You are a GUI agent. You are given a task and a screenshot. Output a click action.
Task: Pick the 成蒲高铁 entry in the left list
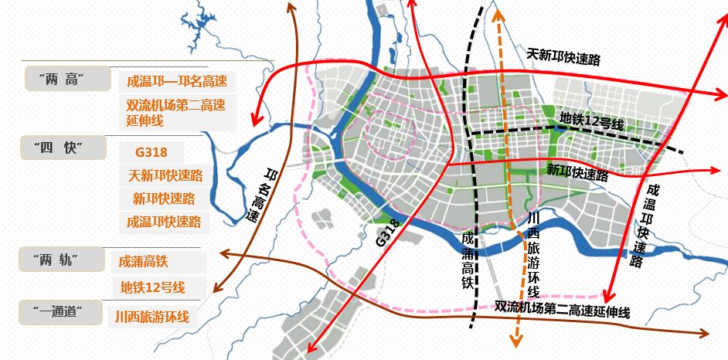144,262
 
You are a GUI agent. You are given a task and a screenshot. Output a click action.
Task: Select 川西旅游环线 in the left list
151,316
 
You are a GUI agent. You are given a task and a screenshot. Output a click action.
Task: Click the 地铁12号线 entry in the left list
153,287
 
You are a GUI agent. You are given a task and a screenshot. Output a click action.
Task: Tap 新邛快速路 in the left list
163,199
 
